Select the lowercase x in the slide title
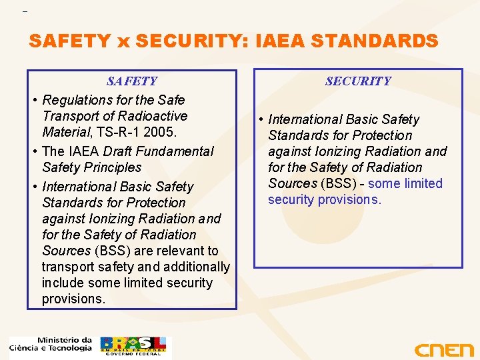[123, 42]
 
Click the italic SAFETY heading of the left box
[132, 82]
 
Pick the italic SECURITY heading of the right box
[358, 81]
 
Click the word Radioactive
[154, 117]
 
